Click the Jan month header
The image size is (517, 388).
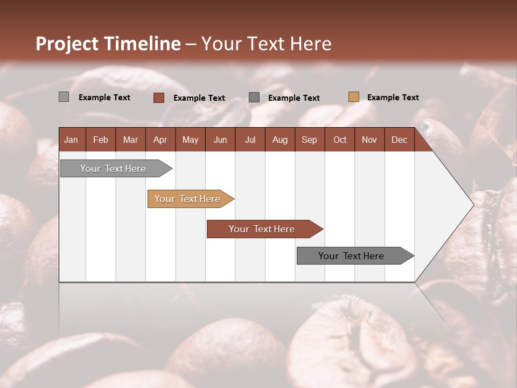tap(71, 140)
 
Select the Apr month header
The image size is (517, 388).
tap(160, 140)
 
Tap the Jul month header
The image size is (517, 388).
tap(250, 140)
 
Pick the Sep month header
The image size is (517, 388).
tap(309, 140)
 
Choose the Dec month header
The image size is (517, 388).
tap(399, 140)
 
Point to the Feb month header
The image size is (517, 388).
tap(101, 140)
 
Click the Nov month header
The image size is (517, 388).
tap(369, 140)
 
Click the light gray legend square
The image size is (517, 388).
tap(64, 97)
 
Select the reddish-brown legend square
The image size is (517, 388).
tap(158, 98)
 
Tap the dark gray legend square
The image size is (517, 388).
tap(254, 98)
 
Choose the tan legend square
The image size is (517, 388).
tap(353, 97)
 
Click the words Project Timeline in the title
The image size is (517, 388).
tap(108, 44)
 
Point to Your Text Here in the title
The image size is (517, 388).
tap(267, 44)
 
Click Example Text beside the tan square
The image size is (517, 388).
tap(393, 98)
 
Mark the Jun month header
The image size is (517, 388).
tap(220, 140)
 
